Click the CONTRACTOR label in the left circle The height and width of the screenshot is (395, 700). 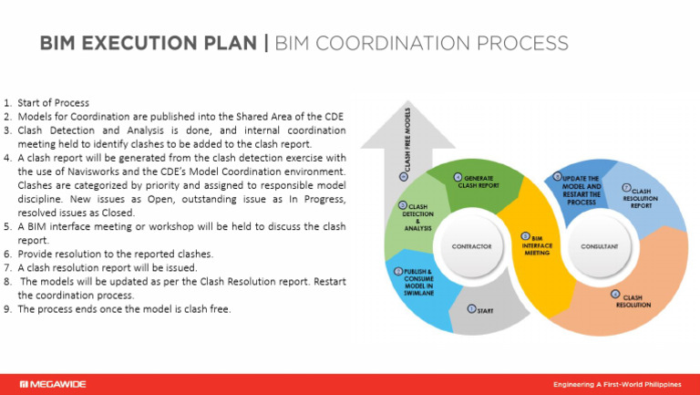coord(471,246)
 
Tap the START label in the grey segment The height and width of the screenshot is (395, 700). coord(485,311)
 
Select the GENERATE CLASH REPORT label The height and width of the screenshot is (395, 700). coord(480,181)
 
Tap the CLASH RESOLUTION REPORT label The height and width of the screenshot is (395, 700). coord(641,198)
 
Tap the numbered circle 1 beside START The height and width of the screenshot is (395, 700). coord(471,310)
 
